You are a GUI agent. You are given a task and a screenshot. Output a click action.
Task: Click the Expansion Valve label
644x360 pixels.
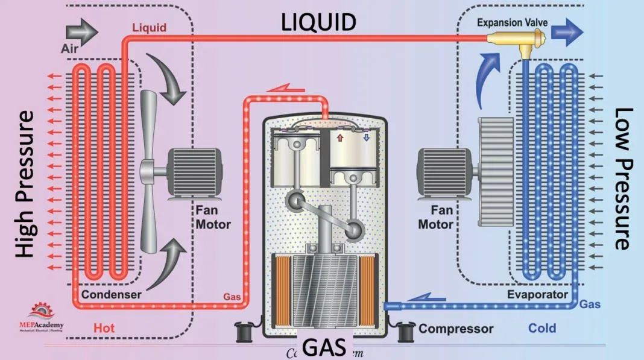pyautogui.click(x=512, y=23)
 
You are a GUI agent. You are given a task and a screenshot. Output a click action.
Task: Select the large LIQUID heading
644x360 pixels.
pyautogui.click(x=320, y=22)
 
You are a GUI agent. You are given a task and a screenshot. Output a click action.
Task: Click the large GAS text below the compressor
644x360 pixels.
pyautogui.click(x=324, y=347)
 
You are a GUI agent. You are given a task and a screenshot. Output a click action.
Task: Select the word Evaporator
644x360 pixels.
pyautogui.click(x=537, y=294)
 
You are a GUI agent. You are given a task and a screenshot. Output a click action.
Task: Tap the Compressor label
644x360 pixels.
pyautogui.click(x=456, y=329)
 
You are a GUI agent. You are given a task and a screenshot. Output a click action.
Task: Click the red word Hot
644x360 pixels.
pyautogui.click(x=104, y=329)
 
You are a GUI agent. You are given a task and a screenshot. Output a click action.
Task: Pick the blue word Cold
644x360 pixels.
pyautogui.click(x=541, y=329)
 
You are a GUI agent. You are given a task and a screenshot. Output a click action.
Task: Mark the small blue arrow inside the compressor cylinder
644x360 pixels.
pyautogui.click(x=366, y=138)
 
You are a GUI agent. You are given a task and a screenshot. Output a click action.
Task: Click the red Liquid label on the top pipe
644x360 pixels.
pyautogui.click(x=149, y=28)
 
